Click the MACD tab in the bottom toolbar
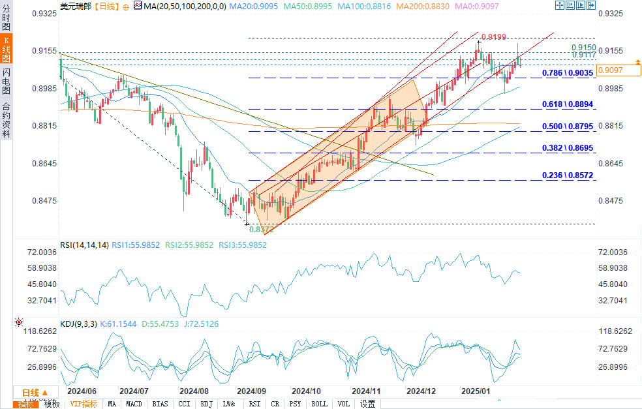[134, 404]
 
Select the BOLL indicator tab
[319, 404]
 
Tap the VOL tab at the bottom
[343, 404]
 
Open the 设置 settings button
[367, 404]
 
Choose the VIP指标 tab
[84, 404]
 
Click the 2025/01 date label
[475, 391]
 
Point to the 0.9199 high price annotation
[492, 37]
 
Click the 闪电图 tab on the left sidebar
[6, 82]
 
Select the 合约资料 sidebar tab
[6, 120]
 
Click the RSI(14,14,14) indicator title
[84, 245]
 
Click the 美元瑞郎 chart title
[74, 5]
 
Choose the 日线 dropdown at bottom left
[31, 392]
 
